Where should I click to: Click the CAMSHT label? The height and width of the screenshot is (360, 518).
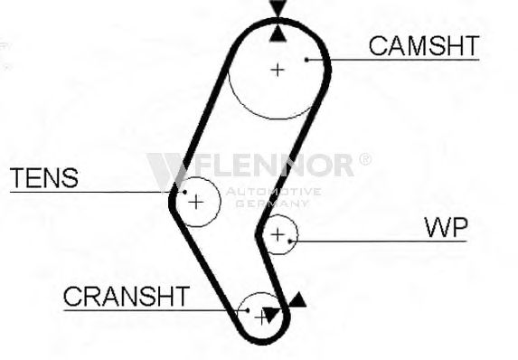(x=424, y=45)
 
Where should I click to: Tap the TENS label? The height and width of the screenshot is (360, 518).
(x=44, y=178)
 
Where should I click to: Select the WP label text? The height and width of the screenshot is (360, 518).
(x=446, y=227)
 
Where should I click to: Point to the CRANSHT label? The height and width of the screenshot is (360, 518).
(x=127, y=296)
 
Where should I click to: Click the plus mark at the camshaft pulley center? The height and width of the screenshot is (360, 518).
(x=278, y=70)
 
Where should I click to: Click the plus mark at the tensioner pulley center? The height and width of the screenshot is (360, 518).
(x=196, y=202)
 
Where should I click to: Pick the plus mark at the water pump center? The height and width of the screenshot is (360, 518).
(x=278, y=234)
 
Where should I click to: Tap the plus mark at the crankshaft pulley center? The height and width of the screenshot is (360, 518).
(x=261, y=317)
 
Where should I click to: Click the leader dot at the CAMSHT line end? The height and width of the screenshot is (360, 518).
(x=306, y=60)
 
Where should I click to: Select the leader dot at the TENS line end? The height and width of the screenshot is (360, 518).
(x=184, y=192)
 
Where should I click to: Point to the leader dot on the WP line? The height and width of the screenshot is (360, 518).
(x=290, y=242)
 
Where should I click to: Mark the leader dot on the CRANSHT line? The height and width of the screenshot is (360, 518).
(x=247, y=310)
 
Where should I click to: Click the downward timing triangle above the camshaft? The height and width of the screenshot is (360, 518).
(x=278, y=8)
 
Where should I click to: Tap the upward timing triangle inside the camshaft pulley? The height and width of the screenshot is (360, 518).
(x=278, y=35)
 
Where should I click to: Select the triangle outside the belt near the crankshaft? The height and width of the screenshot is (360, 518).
(x=298, y=300)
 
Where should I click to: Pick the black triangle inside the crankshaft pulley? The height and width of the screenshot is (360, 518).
(x=271, y=314)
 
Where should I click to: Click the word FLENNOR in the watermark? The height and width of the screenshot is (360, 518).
(x=274, y=165)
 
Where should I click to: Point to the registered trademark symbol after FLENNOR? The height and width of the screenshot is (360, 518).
(x=364, y=159)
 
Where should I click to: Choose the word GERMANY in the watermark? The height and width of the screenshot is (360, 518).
(x=272, y=204)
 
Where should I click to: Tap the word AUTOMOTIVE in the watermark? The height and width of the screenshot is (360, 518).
(x=274, y=192)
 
